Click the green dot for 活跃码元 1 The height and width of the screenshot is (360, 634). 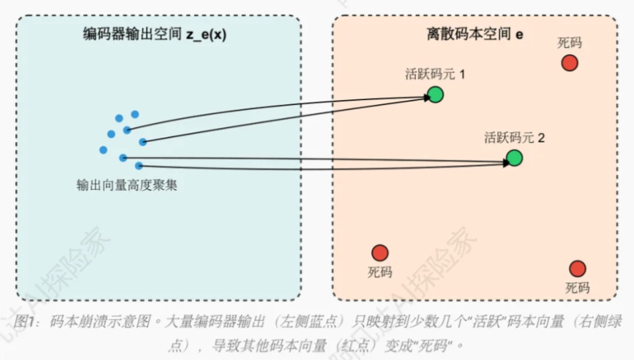(x=436, y=94)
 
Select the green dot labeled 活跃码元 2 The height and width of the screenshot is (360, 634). (x=514, y=158)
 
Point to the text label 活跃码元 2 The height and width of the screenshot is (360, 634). (x=514, y=137)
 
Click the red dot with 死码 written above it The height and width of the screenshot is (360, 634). (x=569, y=63)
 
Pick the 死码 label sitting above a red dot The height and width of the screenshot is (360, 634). (x=569, y=43)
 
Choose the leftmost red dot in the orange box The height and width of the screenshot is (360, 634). (x=380, y=253)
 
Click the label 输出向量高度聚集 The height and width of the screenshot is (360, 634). (x=126, y=185)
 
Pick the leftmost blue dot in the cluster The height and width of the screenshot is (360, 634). (x=104, y=150)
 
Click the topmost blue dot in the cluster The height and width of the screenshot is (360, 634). (x=134, y=114)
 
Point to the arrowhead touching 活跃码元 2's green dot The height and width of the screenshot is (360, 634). (x=505, y=162)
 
